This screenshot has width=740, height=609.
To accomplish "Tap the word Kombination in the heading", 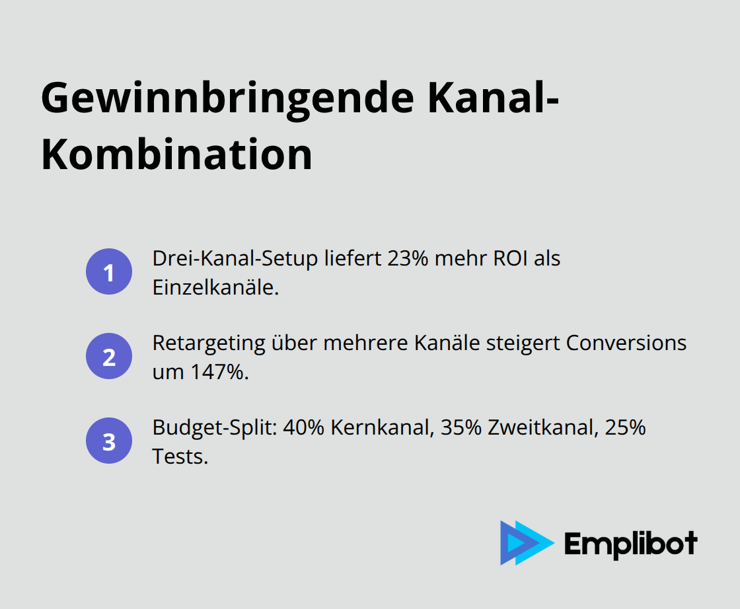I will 176,155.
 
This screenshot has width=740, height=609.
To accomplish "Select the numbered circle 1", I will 109,271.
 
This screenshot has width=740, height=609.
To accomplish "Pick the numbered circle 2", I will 109,357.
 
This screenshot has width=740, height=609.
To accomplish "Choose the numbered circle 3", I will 109,441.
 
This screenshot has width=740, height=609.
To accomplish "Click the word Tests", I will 180,456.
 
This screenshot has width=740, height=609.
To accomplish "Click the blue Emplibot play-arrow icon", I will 525,543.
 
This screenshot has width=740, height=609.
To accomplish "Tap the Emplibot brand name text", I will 630,544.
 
